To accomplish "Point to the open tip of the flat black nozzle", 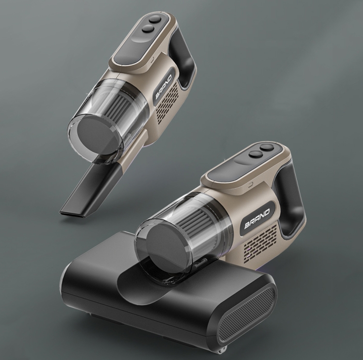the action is coord(72,213).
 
